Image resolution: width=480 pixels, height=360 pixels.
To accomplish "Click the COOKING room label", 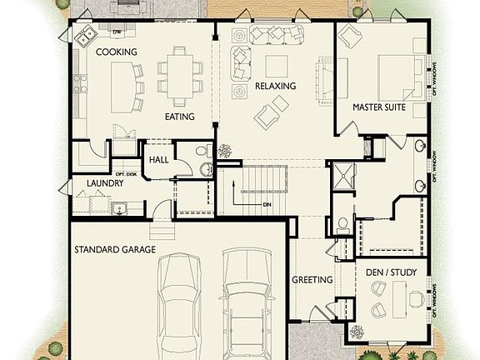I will tap(116, 52).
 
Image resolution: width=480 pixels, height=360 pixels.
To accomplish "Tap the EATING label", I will tap(179, 117).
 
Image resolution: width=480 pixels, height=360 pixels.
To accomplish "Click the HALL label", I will tap(159, 160).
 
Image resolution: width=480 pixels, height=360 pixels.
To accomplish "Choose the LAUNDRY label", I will tap(93, 182).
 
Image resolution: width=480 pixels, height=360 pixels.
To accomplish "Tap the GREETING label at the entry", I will tap(312, 280).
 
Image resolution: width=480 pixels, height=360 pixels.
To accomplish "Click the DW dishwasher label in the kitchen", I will tap(117, 32).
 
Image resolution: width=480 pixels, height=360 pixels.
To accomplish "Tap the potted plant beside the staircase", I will tap(225, 152).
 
